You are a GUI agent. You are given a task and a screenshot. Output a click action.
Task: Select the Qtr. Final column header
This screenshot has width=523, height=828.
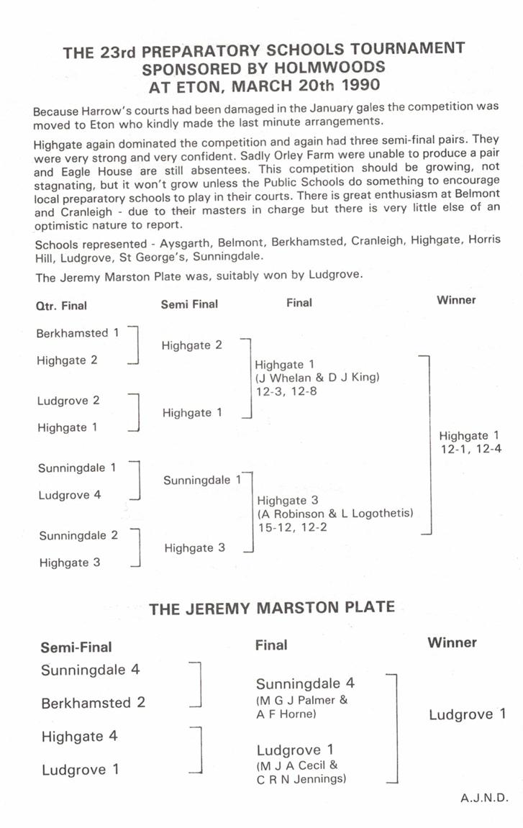point(61,306)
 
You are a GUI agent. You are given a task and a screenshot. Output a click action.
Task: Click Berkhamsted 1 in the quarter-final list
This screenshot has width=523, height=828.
point(78,333)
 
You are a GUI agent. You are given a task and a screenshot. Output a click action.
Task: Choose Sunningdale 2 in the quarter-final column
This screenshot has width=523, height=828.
point(78,535)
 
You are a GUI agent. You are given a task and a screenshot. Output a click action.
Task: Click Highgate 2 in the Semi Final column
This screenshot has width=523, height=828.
point(192,345)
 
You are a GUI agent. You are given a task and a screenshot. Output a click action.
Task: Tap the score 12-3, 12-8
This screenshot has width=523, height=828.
point(285,391)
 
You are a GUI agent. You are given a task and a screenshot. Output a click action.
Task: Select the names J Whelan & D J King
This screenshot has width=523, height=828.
point(317,378)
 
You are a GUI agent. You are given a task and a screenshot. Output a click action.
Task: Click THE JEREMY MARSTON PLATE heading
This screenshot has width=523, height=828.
point(272,608)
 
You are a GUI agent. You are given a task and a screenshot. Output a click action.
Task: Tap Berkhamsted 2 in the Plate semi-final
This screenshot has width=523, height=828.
point(93,703)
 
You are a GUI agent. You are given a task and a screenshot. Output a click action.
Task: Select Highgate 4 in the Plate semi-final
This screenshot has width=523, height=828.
point(80,737)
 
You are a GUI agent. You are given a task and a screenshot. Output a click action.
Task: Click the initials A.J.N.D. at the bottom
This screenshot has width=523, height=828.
point(485,797)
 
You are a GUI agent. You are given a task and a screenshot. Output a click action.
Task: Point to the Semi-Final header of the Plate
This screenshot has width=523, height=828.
point(76,647)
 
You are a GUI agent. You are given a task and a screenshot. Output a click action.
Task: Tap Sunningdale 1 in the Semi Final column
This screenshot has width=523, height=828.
point(202,480)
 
